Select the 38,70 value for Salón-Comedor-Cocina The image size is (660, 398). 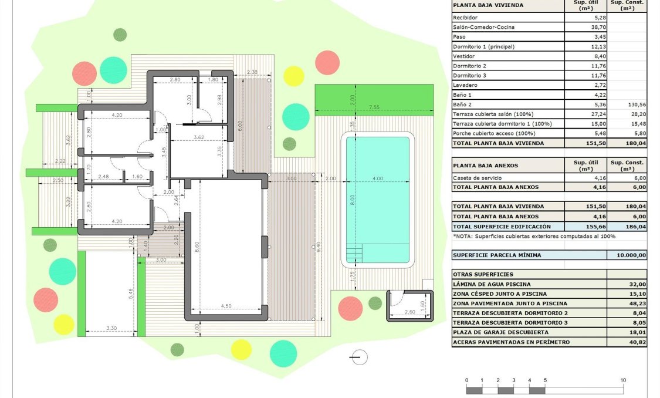[x=597, y=27]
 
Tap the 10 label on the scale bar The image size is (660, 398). [x=623, y=380]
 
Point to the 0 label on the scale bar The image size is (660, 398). [x=467, y=380]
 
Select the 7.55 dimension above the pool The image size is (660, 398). [x=375, y=107]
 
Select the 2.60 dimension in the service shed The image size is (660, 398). [x=409, y=312]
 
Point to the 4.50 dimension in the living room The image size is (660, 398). [x=225, y=305]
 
